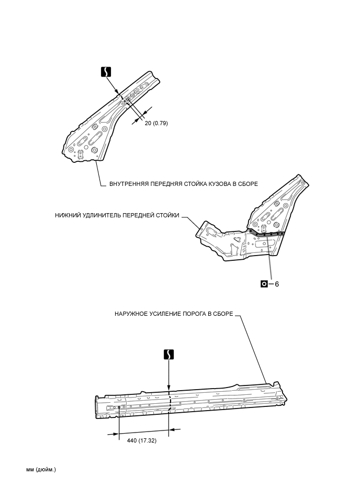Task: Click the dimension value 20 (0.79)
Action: [155, 123]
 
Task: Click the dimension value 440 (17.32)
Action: [141, 440]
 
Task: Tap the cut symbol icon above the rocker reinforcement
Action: [168, 354]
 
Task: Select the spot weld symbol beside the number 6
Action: [264, 284]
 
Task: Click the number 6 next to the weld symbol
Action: [277, 284]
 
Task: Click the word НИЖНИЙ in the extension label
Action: [69, 215]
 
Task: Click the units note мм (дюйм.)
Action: [41, 469]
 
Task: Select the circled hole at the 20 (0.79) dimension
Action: [128, 98]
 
